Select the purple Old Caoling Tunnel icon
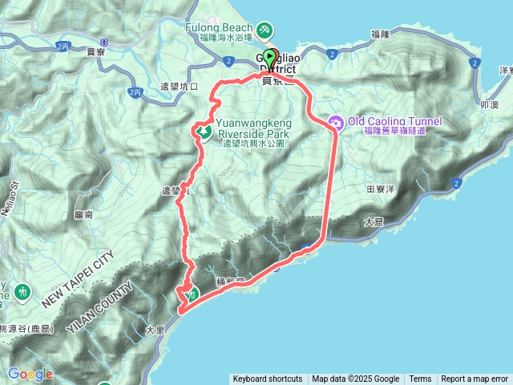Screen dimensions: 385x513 click(335, 122)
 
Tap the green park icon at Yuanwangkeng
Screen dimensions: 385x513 click(204, 131)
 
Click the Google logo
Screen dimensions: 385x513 click(30, 375)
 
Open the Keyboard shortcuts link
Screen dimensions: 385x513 click(268, 379)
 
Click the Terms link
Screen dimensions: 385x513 click(420, 379)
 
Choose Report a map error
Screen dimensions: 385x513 click(475, 379)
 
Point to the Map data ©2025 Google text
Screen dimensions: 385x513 click(355, 379)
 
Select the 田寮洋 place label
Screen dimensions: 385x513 click(381, 190)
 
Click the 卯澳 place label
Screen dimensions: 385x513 click(489, 104)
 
